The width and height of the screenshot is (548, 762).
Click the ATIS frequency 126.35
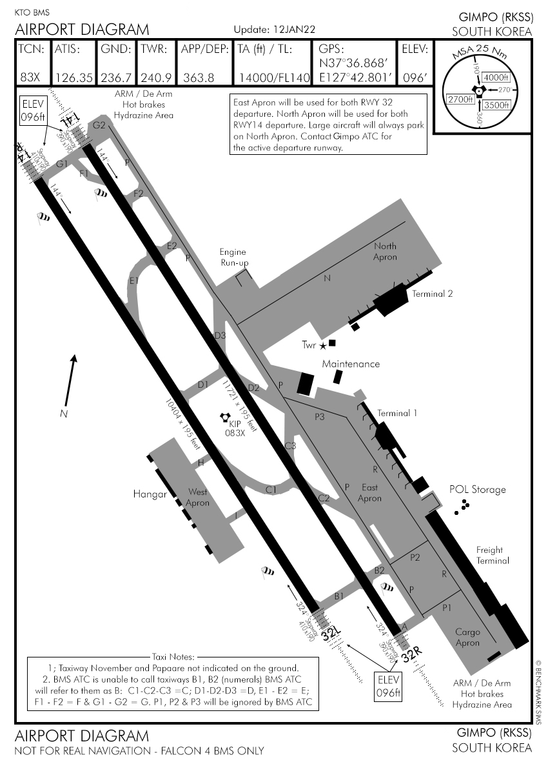pos(74,77)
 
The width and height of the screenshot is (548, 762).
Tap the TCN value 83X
pos(30,77)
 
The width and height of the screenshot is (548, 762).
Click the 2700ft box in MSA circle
pos(460,99)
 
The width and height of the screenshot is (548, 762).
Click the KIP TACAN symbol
pos(226,418)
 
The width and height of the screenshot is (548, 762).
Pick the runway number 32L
pos(331,634)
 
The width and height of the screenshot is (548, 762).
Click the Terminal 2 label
pos(432,294)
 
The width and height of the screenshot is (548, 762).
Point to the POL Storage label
pos(477,490)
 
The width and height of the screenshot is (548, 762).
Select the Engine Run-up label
pos(233,257)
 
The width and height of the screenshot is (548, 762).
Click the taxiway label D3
pos(220,336)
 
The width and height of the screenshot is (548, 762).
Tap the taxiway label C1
pos(271,490)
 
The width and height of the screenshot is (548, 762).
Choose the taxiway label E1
pos(134,281)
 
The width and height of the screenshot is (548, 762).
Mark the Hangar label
pos(150,494)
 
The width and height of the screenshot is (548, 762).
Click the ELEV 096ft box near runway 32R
pos(387,686)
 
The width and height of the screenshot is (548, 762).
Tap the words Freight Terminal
pos(493,556)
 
